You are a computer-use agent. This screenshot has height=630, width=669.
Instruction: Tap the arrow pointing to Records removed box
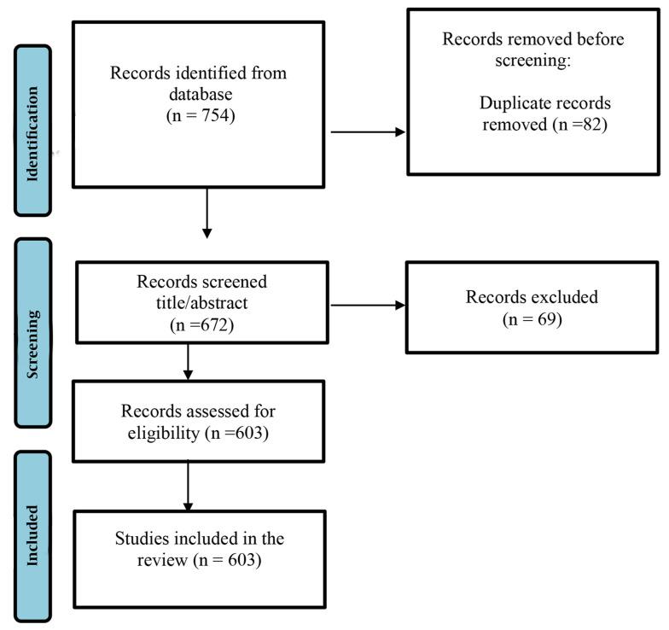coord(368,132)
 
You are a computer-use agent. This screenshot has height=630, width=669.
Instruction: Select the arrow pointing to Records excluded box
coord(368,304)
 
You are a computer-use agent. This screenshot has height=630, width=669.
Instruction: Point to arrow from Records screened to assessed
coord(188,363)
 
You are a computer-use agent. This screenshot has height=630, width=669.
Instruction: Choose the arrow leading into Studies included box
coord(188,487)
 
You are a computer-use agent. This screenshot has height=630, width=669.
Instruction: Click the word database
coord(199,91)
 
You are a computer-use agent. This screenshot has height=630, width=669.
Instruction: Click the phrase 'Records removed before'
coord(534,39)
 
